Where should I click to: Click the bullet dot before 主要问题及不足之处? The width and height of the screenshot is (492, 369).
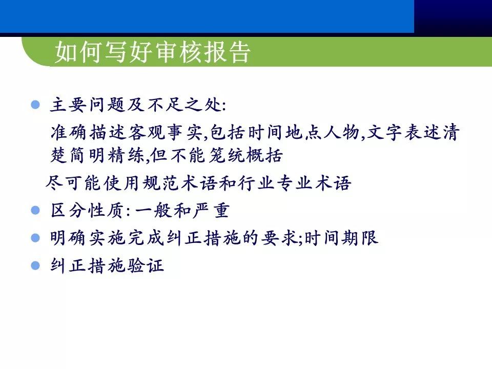point(35,105)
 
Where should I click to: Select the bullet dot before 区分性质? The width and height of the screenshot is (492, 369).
point(35,210)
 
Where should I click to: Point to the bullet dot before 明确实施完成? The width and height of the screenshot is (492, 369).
point(35,238)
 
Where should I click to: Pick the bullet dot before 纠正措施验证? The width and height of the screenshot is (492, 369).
point(35,265)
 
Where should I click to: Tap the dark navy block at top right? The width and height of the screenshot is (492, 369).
point(453,16)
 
